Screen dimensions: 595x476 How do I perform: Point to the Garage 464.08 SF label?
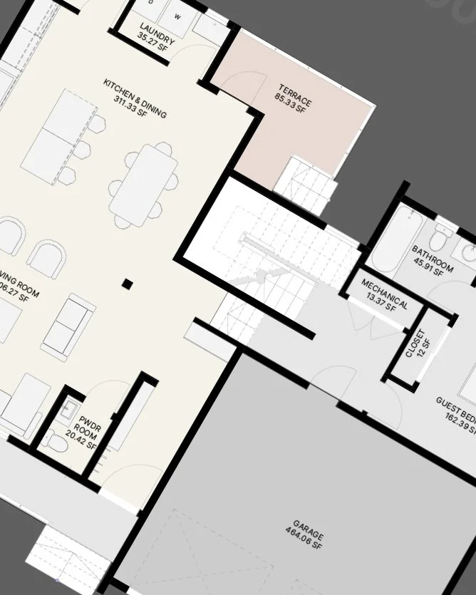point(306,542)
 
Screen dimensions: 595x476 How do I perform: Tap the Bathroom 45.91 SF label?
point(433,259)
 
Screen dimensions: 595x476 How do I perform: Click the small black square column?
point(127,284)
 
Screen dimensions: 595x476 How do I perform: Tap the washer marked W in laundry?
point(176,16)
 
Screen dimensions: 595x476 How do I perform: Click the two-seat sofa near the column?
point(68,325)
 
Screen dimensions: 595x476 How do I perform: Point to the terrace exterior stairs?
point(305,184)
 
